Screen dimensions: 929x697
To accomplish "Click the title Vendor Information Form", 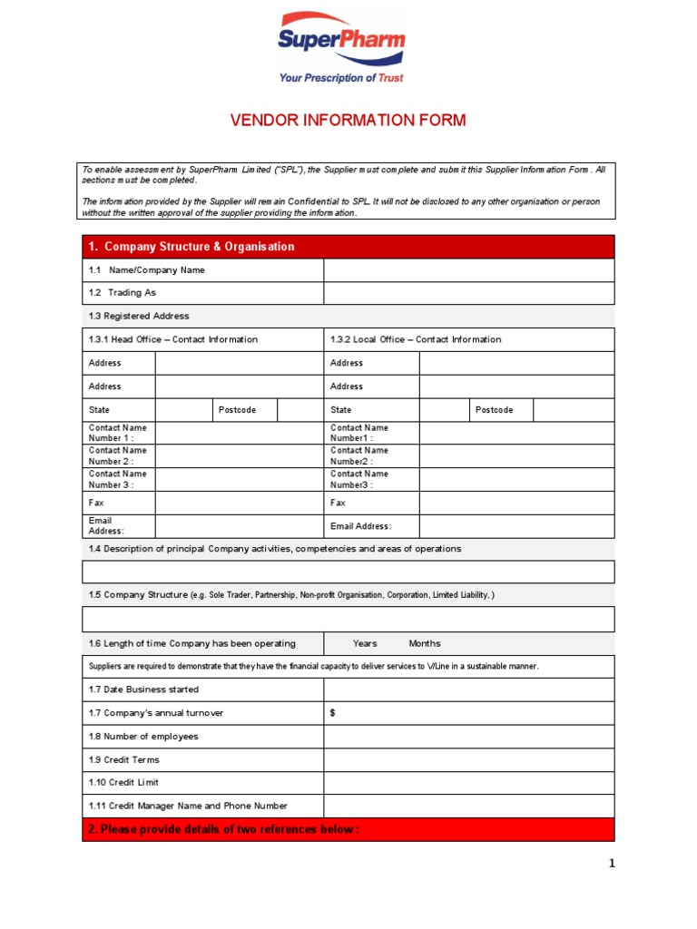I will pos(348,121).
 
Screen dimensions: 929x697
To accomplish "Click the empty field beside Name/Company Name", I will pos(468,270).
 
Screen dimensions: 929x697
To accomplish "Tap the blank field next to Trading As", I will pos(468,293).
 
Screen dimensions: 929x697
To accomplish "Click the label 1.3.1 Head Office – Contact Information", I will pos(173,339).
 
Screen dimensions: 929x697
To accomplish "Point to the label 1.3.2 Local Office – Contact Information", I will pos(416,339).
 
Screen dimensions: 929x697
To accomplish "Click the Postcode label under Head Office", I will pos(238,410).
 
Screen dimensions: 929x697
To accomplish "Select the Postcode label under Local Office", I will pos(495,410).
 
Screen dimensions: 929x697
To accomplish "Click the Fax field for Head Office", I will pos(239,503).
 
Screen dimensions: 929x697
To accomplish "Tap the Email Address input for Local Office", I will pos(516,526).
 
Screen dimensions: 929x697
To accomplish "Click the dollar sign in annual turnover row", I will pos(333,713).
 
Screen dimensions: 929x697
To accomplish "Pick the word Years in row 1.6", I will pos(365,643).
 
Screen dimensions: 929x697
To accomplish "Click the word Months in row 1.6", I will pos(425,643).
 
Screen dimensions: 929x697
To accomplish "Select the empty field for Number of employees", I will pos(468,737).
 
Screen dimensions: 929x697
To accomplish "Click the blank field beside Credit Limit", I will pos(468,782).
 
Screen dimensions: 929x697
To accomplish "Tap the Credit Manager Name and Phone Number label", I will pos(188,806).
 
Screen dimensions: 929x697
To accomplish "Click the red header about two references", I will pos(348,829).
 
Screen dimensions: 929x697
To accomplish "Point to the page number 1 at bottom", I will pos(612,864).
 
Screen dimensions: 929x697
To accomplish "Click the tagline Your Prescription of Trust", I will pos(342,78).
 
